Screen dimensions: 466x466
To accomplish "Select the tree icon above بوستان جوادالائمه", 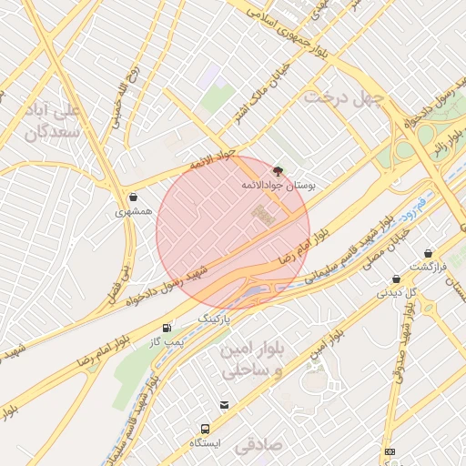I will pos(278,170).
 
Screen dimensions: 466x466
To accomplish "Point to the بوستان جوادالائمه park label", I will pos(278,185).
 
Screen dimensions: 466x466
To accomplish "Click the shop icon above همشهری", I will pos(134,197).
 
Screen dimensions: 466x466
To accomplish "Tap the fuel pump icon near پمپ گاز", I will pos(167,328).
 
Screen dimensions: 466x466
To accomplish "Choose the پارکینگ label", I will pos(216,320).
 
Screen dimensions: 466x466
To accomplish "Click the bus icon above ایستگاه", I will pos(205,429).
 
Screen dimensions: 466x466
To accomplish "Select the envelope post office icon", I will pos(224,404).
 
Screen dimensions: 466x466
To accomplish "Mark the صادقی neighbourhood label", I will pos(260,447).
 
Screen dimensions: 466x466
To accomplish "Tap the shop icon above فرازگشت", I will pos(428,254).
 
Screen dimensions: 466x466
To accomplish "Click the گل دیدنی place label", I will pos(397,293).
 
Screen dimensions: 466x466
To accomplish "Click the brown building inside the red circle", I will pos(263,216).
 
